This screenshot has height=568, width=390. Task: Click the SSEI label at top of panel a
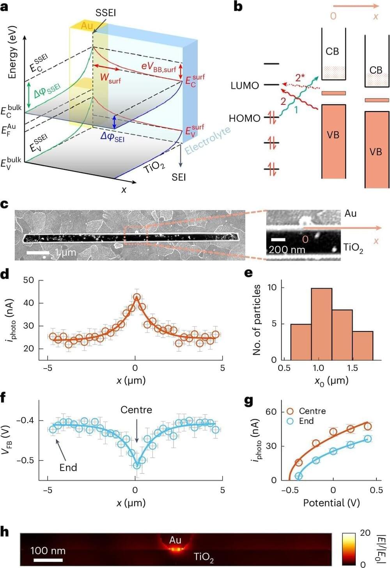[106, 13]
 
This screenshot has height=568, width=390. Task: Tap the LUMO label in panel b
[245, 85]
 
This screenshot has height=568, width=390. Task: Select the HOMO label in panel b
[245, 118]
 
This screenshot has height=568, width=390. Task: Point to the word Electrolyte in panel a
[207, 140]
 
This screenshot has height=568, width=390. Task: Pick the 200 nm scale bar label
[287, 249]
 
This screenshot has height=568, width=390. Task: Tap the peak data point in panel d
[136, 297]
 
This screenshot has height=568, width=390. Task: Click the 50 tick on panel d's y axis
[28, 280]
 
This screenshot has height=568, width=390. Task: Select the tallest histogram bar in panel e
[321, 324]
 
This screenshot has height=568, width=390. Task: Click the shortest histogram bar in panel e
[362, 345]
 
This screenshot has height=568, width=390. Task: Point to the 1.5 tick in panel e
[352, 368]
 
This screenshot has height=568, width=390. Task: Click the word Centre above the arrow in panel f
[136, 410]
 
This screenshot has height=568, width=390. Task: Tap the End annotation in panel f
[68, 467]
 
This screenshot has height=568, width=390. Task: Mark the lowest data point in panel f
[136, 465]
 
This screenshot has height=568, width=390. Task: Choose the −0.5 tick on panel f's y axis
[25, 460]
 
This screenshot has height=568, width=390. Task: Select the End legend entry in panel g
[306, 421]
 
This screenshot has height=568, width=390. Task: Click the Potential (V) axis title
[331, 503]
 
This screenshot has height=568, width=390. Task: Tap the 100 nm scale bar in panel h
[48, 560]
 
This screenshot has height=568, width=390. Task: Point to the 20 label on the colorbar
[365, 533]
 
